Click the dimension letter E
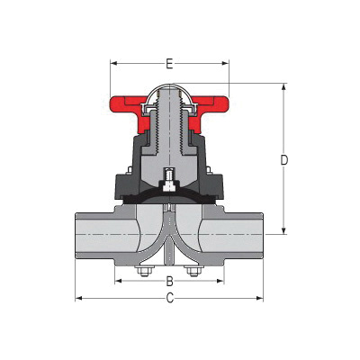click(168, 64)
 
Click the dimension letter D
click(283, 160)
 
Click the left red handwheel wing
click(123, 106)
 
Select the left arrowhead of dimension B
click(118, 281)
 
